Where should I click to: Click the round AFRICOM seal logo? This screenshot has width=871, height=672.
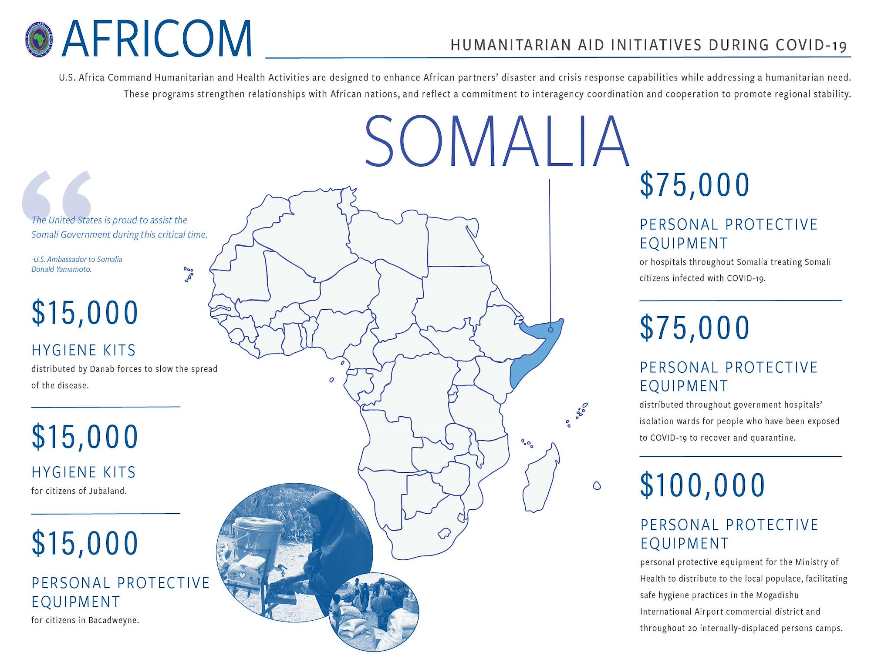point(39,40)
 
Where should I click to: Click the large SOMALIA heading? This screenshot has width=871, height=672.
point(497,141)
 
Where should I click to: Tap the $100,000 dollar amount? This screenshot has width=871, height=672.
point(702,485)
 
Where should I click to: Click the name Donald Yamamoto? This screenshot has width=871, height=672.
point(61,269)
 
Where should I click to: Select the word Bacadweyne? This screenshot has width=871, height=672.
point(113,620)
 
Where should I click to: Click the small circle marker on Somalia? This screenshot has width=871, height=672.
point(550,330)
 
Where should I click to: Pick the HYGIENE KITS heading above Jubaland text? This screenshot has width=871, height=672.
point(84,472)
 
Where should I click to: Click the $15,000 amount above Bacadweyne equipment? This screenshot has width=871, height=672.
point(85,543)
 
